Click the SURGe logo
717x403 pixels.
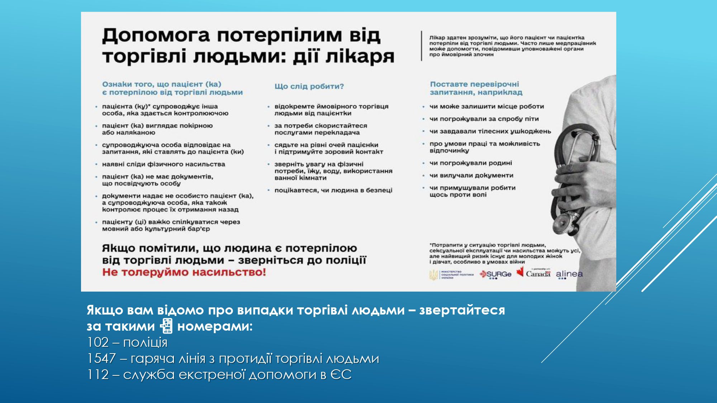pos(496,274)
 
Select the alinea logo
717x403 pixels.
pos(569,274)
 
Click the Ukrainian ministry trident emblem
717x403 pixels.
pos(433,275)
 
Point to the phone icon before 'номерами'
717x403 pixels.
pos(166,326)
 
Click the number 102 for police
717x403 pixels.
pos(98,342)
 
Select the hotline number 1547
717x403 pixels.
pos(101,359)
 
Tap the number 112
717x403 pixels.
pos(98,375)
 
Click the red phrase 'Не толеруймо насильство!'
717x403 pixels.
pos(184,272)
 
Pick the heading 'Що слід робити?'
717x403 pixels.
pos(309,86)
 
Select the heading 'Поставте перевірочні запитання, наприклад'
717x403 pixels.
pos(476,88)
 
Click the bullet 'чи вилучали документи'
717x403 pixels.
pos(471,176)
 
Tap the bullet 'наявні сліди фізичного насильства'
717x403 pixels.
pos(163,164)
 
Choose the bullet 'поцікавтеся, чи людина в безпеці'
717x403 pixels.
pos(333,190)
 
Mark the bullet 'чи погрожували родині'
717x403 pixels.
pos(470,163)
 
